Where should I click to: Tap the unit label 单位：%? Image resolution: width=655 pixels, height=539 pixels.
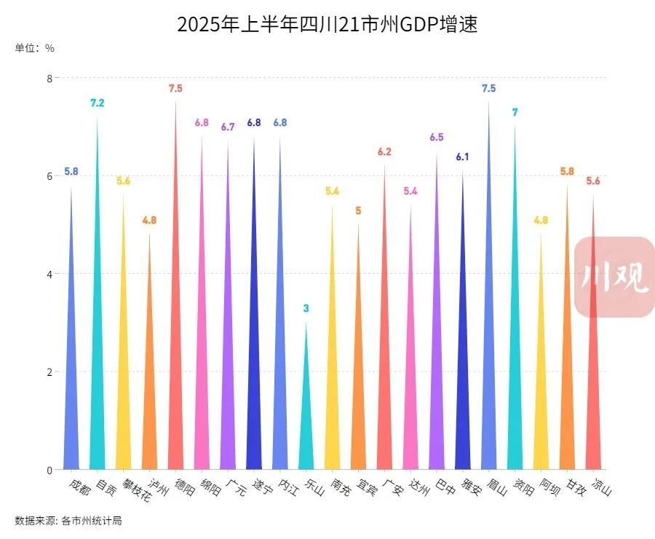[x=34, y=48]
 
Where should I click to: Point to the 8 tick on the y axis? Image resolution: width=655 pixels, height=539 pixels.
[x=49, y=78]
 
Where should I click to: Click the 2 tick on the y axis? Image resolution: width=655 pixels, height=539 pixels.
[x=49, y=372]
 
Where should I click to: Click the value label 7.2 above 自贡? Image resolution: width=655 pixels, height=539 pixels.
[x=97, y=103]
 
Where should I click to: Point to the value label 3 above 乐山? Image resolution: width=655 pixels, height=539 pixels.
[x=306, y=309]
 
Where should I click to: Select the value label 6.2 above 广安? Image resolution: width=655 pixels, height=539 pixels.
[x=384, y=152]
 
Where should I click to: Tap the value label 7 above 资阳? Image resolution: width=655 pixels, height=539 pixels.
[x=515, y=113]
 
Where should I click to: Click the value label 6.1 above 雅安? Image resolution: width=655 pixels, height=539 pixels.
[x=462, y=157]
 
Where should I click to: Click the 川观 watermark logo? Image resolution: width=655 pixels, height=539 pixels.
[x=614, y=278]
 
